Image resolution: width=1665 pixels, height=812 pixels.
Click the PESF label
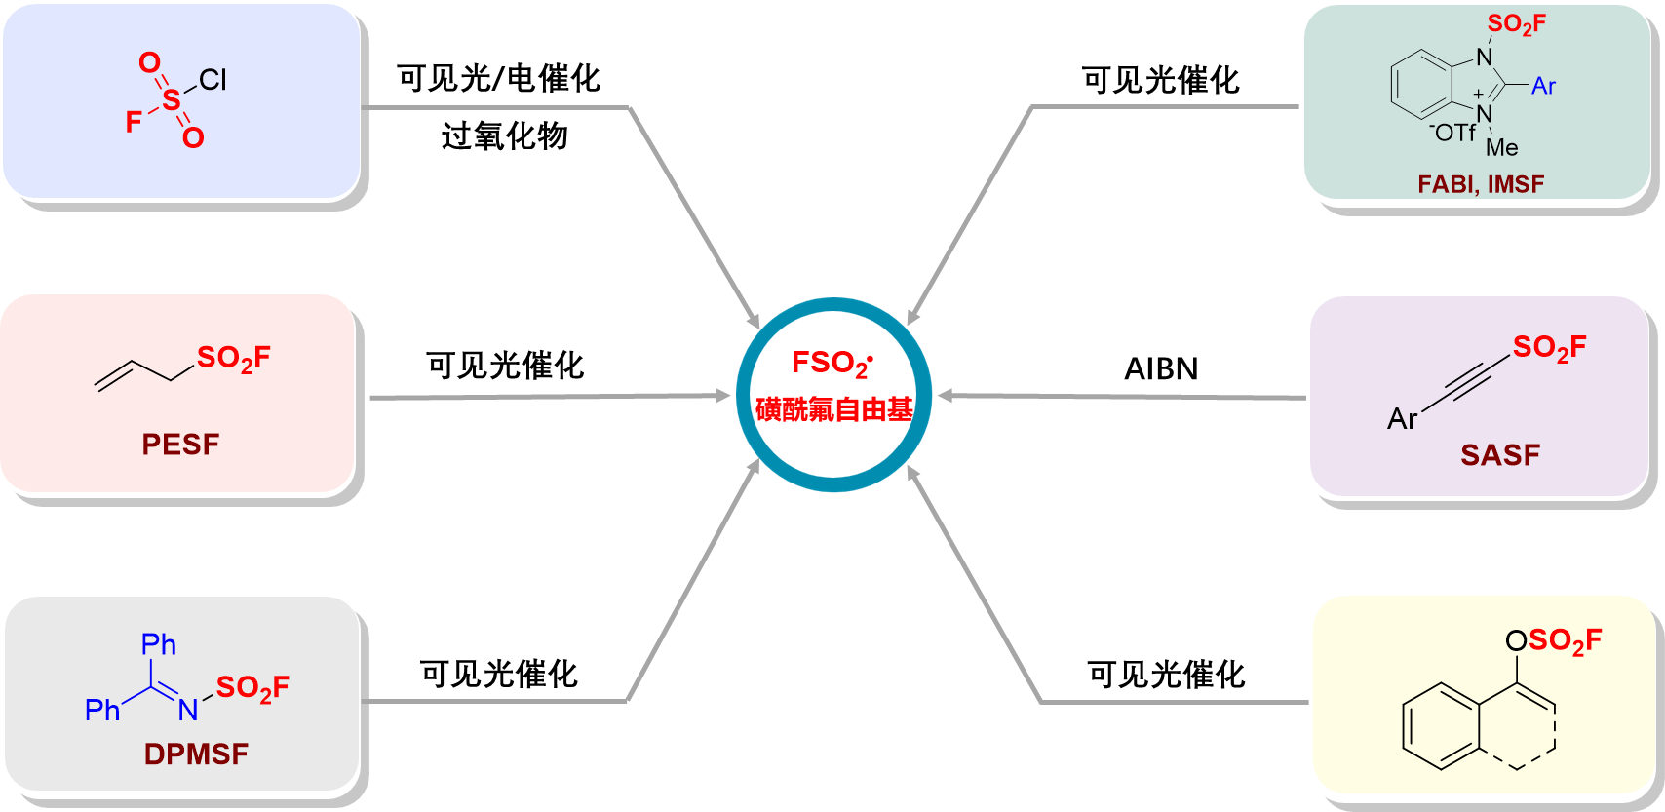coord(180,445)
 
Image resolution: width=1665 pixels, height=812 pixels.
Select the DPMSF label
coord(196,754)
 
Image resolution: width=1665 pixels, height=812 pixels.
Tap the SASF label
coord(1500,455)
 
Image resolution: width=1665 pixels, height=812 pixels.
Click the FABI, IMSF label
coord(1481,184)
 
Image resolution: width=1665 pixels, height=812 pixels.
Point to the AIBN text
coord(1161,368)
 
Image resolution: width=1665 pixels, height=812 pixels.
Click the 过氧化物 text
coord(504,136)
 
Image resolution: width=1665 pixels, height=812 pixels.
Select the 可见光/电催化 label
coord(498,79)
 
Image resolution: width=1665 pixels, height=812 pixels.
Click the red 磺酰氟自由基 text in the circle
coord(834,409)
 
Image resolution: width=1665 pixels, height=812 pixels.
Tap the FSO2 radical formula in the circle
coord(832,364)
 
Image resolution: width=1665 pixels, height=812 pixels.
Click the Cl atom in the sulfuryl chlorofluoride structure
coord(213,80)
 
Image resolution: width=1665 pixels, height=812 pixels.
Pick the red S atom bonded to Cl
coord(172,100)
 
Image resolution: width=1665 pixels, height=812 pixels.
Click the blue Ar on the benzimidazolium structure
coord(1543,87)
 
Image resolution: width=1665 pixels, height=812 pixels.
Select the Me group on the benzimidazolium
coord(1501,148)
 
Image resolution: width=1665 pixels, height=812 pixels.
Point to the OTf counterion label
coord(1453,133)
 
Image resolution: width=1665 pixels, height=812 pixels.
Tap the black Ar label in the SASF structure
coord(1402,419)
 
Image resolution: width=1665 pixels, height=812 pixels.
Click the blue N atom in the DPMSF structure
coord(188,711)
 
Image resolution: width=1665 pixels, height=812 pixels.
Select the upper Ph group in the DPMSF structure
coord(159,644)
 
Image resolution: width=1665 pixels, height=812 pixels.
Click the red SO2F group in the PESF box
coord(234,359)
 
